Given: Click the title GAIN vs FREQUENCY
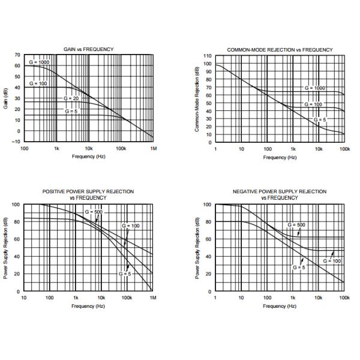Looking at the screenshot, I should pyautogui.click(x=89, y=49).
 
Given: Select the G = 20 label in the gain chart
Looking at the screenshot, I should pyautogui.click(x=71, y=98).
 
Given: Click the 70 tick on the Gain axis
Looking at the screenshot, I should pyautogui.click(x=17, y=55).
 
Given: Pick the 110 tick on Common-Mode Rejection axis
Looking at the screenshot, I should pyautogui.click(x=208, y=55).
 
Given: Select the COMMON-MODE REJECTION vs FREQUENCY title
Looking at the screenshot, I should pyautogui.click(x=280, y=49).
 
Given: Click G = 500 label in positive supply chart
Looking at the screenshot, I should pyautogui.click(x=94, y=212).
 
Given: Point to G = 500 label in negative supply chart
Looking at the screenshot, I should pyautogui.click(x=296, y=224).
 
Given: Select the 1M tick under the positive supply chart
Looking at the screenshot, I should pyautogui.click(x=153, y=298).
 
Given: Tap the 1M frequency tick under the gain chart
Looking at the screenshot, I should pyautogui.click(x=153, y=148).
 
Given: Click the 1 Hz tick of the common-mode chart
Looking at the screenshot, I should pyautogui.click(x=215, y=148).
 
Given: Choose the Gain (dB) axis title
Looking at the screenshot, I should pyautogui.click(x=6, y=99).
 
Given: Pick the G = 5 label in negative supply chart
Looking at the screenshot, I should pyautogui.click(x=299, y=266).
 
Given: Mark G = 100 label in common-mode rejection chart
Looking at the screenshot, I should pyautogui.click(x=313, y=104).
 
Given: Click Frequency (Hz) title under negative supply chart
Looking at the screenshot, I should pyautogui.click(x=280, y=306).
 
